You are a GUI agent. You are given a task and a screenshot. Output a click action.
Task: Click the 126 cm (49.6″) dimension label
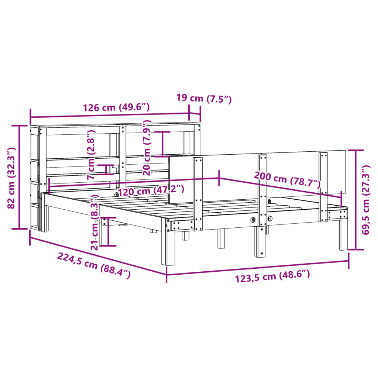[x=116, y=107]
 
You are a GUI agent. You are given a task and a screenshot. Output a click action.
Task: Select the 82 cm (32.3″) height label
[x=11, y=178]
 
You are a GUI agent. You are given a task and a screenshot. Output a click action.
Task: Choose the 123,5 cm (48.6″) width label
[x=272, y=276]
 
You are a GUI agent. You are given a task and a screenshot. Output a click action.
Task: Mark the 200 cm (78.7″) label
[x=287, y=180]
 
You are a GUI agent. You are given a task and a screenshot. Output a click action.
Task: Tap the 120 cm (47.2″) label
[x=151, y=191]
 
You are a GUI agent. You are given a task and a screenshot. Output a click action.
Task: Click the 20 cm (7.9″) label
[x=147, y=147]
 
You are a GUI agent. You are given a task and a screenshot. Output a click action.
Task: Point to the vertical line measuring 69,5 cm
[x=355, y=200]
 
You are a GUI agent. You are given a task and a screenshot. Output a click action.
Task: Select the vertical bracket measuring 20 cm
[x=162, y=144]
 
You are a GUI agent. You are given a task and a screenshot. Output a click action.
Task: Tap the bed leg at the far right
[x=343, y=236]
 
